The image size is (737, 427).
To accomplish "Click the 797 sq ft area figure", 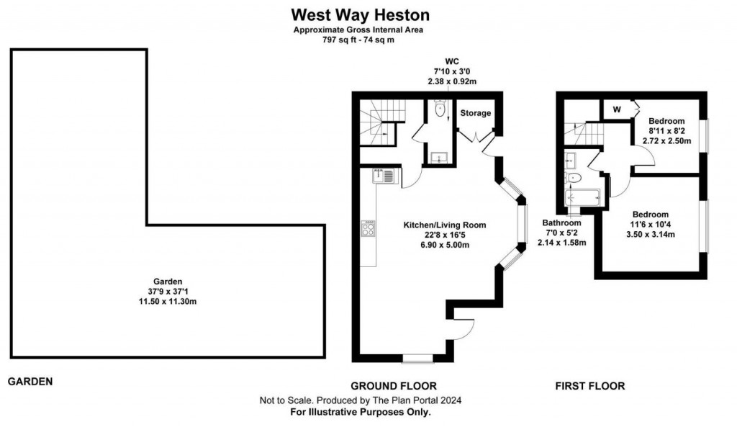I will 338,40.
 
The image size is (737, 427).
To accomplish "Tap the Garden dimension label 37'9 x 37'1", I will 167,291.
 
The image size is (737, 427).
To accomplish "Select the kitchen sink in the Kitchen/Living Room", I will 382,175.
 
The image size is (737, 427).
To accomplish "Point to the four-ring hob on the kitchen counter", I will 368,228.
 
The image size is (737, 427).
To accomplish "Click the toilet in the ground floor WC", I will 439,110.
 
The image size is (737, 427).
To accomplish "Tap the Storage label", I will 476,113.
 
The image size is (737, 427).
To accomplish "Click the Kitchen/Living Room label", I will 444,225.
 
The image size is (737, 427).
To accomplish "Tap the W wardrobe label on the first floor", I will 617,109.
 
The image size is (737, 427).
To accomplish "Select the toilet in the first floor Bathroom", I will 574,176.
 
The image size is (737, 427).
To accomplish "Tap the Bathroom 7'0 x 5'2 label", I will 561,233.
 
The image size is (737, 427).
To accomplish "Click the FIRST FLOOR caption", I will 589,386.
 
